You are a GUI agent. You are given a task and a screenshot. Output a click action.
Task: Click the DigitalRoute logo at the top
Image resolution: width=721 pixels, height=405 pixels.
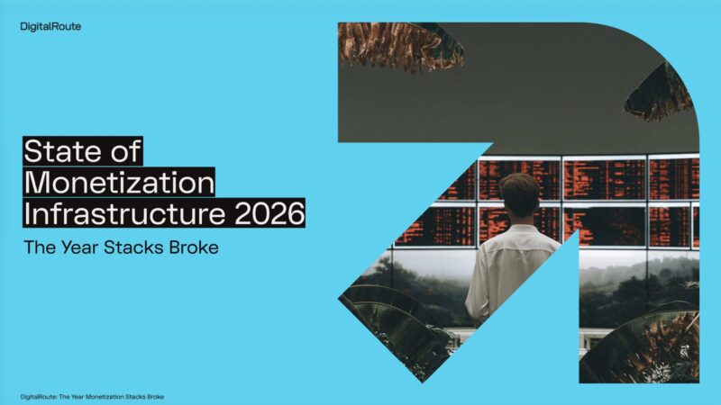[x=50, y=27]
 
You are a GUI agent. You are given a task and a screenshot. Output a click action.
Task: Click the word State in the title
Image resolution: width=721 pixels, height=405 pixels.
[x=63, y=151]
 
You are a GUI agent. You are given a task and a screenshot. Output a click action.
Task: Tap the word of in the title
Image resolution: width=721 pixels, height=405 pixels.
[x=125, y=151]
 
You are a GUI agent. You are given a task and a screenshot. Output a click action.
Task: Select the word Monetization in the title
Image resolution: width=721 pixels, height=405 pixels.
[x=119, y=183]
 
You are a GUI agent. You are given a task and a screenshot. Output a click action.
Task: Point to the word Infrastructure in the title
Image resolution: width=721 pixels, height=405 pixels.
[x=124, y=213]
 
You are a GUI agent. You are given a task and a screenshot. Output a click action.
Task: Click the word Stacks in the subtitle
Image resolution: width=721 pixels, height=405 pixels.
[x=133, y=247]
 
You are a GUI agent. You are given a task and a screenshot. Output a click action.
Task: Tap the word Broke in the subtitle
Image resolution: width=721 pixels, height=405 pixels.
[x=194, y=247]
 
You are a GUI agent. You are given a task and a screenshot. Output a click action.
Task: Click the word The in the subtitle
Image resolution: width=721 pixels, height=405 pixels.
[x=40, y=247]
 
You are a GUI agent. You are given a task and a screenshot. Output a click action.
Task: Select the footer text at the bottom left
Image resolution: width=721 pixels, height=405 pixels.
[x=92, y=397]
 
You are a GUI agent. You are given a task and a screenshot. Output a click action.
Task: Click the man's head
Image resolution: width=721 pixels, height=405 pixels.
[x=519, y=195]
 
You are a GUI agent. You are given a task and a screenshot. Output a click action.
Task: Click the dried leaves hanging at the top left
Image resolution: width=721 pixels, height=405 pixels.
[x=399, y=46]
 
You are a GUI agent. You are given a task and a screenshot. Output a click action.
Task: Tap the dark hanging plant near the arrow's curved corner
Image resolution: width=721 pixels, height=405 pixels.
[x=660, y=94]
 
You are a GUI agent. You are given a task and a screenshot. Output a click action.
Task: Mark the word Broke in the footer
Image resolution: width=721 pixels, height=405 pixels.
[x=155, y=397]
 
